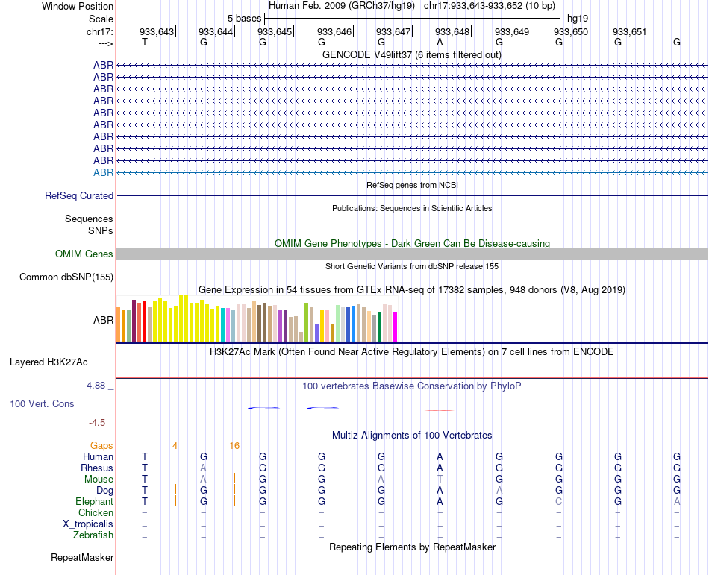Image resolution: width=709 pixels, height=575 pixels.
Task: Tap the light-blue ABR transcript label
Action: [103, 172]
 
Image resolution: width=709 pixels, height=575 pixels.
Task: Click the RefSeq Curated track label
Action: [79, 196]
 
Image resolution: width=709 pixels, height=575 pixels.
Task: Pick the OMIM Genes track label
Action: [84, 254]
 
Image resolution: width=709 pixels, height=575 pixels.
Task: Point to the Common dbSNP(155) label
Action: [66, 277]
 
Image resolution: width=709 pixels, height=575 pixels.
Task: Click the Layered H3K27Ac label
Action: [49, 362]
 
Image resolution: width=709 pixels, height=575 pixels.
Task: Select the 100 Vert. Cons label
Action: [42, 403]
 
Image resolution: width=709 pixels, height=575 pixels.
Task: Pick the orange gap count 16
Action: [234, 446]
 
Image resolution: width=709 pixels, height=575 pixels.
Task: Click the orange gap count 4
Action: [175, 446]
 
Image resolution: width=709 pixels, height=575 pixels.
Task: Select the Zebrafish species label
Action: [93, 535]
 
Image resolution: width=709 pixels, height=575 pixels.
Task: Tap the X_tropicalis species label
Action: [88, 524]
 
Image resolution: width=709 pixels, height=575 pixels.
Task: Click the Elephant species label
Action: [94, 501]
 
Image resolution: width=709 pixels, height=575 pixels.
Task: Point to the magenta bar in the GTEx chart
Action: [395, 326]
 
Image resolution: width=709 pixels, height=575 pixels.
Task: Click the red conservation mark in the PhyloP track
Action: [440, 410]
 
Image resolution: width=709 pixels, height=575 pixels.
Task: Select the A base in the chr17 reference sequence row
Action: [440, 43]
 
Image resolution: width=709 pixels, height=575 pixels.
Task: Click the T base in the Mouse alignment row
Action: [440, 479]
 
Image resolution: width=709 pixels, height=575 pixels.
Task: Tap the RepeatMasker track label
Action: [82, 557]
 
